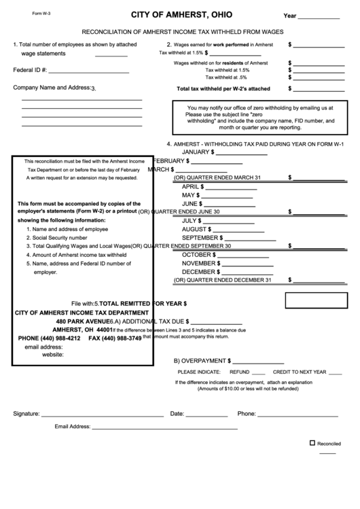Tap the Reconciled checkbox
(312, 442)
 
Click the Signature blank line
(102, 415)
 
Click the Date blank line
(206, 415)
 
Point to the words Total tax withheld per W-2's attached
(223, 89)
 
